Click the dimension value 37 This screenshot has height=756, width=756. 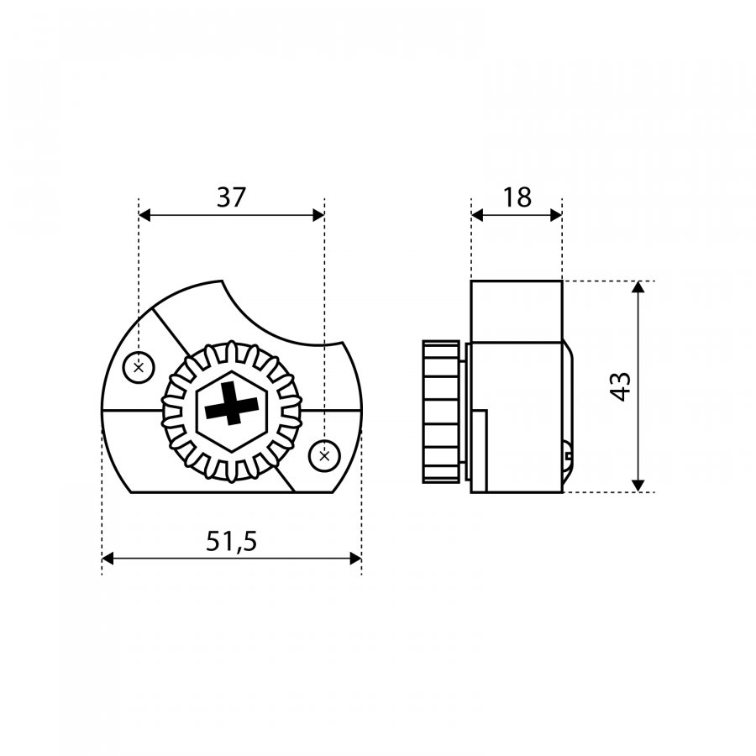(x=232, y=197)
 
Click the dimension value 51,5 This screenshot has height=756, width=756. (x=232, y=541)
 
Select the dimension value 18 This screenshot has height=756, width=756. (x=517, y=197)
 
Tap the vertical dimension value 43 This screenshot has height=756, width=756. (x=621, y=386)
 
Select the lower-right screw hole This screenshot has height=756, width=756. (x=324, y=455)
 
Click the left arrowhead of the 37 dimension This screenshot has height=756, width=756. (x=144, y=216)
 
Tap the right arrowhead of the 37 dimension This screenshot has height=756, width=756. (x=318, y=216)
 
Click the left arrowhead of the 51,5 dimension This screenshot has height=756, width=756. (x=108, y=559)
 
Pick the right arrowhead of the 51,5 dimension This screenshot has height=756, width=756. (x=356, y=559)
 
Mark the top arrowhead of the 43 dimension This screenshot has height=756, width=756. (x=638, y=287)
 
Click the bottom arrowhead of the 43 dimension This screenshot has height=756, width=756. (x=638, y=486)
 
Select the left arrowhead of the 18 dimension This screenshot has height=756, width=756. (x=477, y=216)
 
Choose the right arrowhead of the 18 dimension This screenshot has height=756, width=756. (x=556, y=216)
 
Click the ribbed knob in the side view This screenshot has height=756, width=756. (x=441, y=412)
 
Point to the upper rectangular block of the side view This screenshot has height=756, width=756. (x=517, y=312)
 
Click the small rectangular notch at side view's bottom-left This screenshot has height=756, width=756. (x=480, y=451)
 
